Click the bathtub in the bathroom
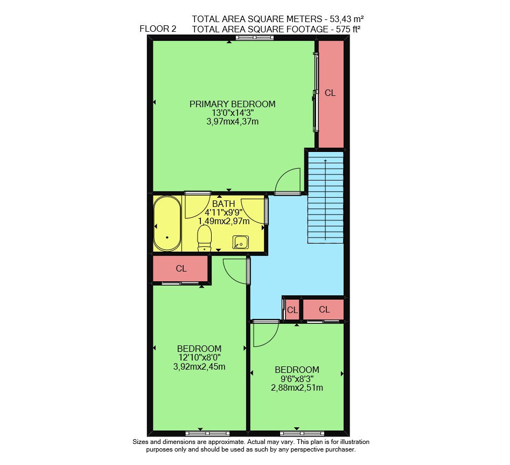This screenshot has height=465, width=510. [167, 224]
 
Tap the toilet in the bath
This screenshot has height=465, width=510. [204, 239]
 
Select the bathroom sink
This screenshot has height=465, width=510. [241, 242]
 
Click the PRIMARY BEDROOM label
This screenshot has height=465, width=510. [232, 104]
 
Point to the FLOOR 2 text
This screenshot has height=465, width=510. [158, 29]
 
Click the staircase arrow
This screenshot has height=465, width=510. [325, 199]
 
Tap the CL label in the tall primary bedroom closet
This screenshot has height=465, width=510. [330, 93]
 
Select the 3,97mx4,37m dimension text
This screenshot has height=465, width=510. [233, 122]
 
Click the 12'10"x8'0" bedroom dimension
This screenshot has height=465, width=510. [199, 358]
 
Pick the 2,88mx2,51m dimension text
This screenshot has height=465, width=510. [297, 388]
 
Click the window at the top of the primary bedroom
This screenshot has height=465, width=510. [255, 38]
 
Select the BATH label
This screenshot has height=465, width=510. [223, 204]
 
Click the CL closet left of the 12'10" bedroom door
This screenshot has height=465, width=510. [180, 268]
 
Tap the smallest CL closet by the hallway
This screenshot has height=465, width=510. [292, 310]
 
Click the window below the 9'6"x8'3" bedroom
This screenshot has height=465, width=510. [302, 433]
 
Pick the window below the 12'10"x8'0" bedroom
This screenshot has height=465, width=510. [207, 433]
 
